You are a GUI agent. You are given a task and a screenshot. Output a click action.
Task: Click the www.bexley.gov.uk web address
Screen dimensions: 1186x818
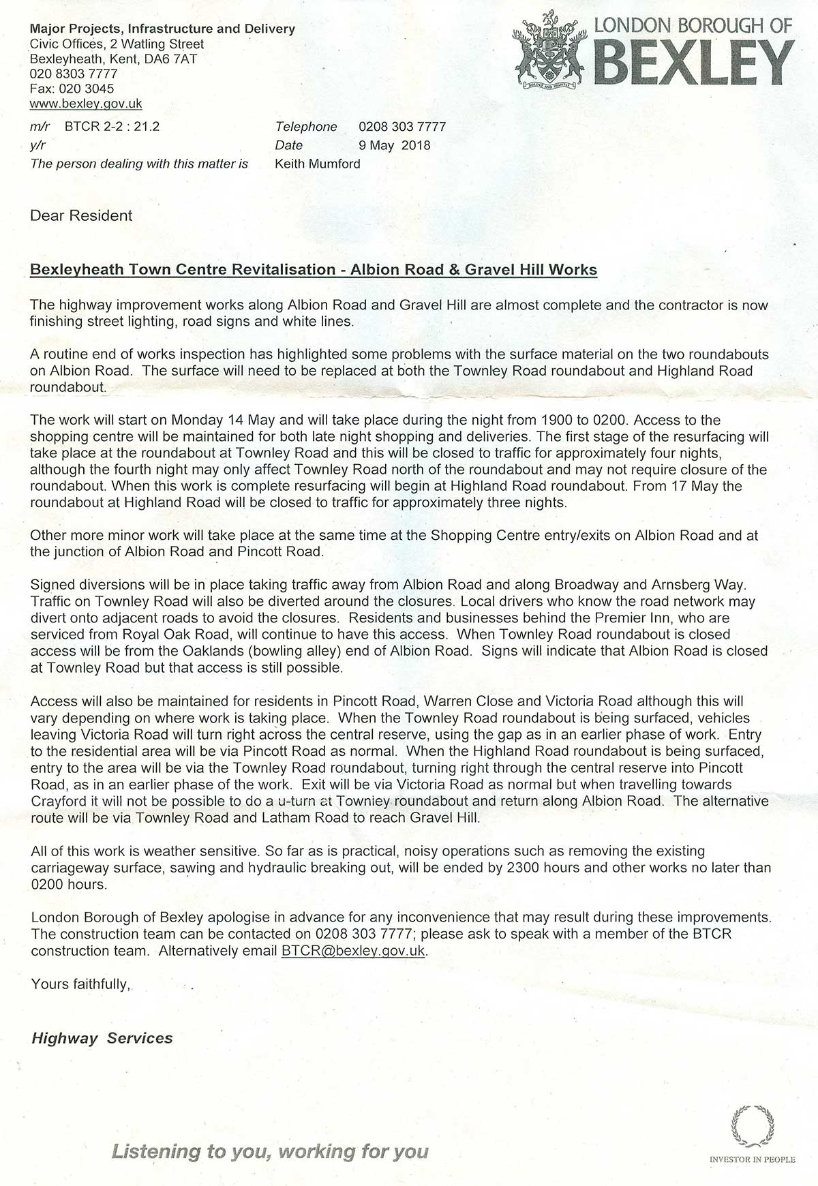[86, 104]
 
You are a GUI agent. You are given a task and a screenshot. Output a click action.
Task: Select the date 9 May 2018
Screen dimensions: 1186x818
[395, 145]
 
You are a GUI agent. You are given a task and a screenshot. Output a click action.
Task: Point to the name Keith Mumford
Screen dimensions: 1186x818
[317, 164]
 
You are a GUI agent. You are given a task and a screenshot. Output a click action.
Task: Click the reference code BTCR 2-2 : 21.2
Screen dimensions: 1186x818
[112, 127]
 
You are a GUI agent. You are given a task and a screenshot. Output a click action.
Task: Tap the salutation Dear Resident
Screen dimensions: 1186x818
[81, 216]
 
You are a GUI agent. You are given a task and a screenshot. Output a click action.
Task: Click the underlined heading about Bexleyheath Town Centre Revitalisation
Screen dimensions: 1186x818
[314, 270]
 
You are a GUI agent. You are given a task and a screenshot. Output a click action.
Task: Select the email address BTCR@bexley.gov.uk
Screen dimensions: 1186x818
[353, 951]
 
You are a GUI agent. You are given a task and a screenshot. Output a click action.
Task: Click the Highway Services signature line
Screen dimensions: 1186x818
[102, 1038]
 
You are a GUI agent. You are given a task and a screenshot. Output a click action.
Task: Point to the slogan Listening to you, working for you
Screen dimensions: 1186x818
[270, 1152]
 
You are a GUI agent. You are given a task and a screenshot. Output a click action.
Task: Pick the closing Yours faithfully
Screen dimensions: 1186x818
[80, 984]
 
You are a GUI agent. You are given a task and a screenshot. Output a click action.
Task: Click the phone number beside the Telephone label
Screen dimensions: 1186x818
[402, 127]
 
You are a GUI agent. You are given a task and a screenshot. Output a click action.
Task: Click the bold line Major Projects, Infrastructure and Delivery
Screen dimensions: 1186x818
[162, 29]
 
